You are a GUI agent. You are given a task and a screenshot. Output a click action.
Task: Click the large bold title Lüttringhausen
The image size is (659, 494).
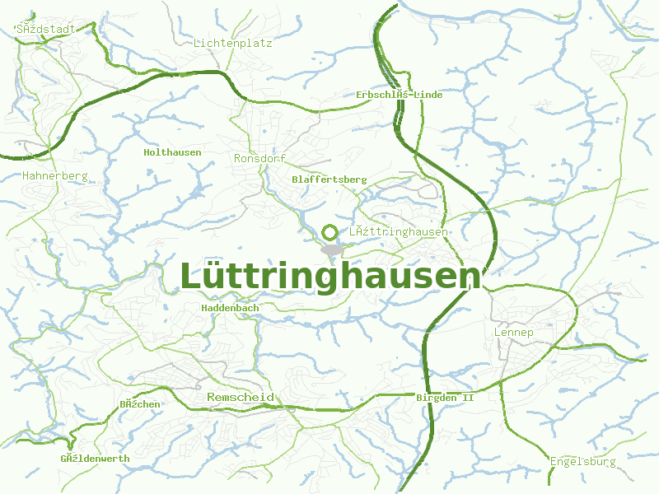pyautogui.click(x=329, y=277)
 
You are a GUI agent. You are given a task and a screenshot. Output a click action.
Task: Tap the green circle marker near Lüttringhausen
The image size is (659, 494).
pyautogui.click(x=330, y=232)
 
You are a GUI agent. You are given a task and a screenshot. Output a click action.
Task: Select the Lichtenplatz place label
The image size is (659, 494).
pyautogui.click(x=233, y=43)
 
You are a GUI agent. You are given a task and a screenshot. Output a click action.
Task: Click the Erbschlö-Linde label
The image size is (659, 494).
pyautogui.click(x=400, y=95)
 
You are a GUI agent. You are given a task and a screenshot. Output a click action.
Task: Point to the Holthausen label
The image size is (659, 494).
pyautogui.click(x=172, y=152)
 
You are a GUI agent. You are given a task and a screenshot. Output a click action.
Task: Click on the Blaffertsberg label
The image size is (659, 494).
pyautogui.click(x=329, y=179)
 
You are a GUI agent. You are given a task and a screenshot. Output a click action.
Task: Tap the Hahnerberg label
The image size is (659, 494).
pyautogui.click(x=55, y=176)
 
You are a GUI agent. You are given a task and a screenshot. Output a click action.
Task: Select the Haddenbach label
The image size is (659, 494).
pyautogui.click(x=231, y=308)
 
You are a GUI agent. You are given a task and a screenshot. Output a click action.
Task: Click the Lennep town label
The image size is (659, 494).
pyautogui.click(x=514, y=333)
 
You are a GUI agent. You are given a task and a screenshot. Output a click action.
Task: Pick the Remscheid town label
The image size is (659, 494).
pyautogui.click(x=240, y=398)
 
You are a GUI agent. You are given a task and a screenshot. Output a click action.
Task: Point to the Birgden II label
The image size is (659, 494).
pyautogui.click(x=446, y=398)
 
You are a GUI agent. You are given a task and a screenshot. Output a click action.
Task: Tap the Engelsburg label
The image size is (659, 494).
pyautogui.click(x=583, y=462)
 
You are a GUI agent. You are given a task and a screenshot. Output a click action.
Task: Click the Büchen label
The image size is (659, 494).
pyautogui.click(x=140, y=404)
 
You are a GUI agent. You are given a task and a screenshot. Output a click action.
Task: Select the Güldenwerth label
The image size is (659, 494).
pyautogui.click(x=96, y=459)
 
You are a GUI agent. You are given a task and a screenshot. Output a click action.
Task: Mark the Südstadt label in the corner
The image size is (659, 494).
pyautogui.click(x=46, y=29)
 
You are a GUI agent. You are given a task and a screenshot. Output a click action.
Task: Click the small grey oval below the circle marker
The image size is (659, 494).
pyautogui.click(x=331, y=249)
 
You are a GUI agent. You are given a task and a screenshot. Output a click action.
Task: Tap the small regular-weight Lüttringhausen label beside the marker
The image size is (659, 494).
pyautogui.click(x=399, y=232)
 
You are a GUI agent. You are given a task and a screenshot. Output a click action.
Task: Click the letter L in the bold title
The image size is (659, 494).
pyautogui.click(x=190, y=277)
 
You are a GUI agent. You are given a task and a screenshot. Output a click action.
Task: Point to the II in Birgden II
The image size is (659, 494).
pyautogui.click(x=470, y=398)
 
